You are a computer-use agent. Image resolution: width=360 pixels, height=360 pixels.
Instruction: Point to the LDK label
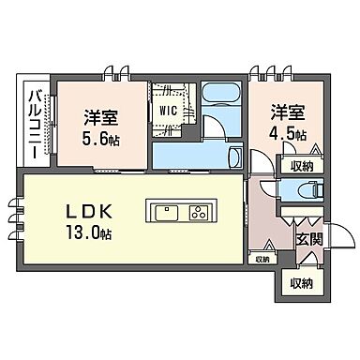point(86,207)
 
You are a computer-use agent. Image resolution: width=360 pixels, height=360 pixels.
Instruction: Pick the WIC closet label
point(169,110)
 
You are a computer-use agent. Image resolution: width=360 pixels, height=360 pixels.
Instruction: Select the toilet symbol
point(305,190)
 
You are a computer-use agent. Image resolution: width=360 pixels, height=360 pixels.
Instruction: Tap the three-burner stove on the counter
point(199,209)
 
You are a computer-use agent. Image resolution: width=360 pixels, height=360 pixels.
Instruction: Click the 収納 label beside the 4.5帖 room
point(301,167)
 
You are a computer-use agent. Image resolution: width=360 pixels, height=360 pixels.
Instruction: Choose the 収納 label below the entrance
point(300,283)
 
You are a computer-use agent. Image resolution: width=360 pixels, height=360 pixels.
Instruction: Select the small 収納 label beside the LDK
point(261,259)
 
